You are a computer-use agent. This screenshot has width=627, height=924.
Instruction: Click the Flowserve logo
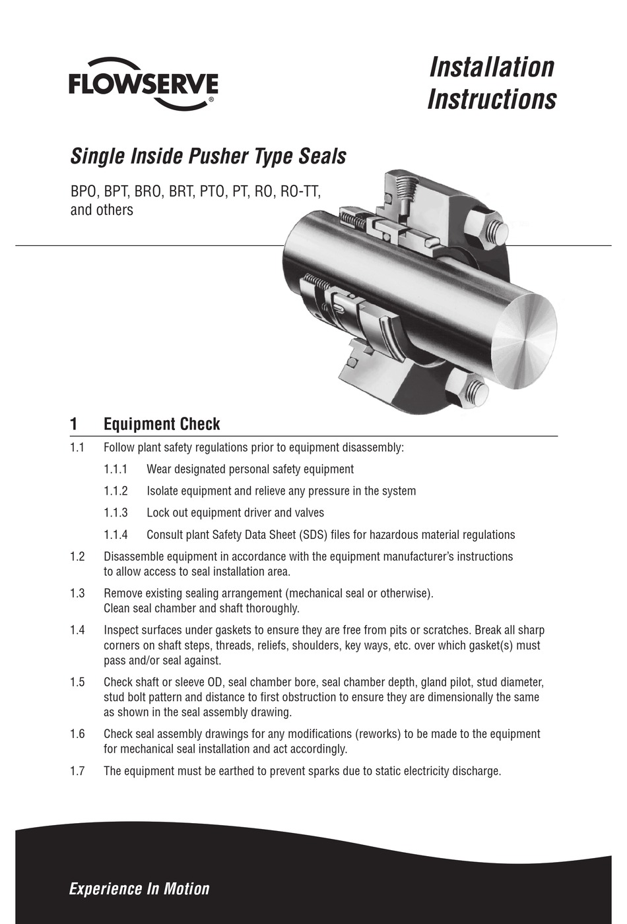143,84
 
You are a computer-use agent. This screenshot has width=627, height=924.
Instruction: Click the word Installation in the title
492,67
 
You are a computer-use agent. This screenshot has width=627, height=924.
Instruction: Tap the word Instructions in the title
492,99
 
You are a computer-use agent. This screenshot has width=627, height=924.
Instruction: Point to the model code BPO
84,192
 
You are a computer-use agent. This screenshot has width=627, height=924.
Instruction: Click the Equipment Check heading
162,424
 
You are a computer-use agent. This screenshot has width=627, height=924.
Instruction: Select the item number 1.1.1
115,470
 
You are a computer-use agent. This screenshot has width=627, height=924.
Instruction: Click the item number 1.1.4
115,535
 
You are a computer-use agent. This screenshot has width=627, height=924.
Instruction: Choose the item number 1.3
77,593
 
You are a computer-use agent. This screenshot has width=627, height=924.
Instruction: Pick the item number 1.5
77,682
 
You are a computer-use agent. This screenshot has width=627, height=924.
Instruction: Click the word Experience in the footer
104,888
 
